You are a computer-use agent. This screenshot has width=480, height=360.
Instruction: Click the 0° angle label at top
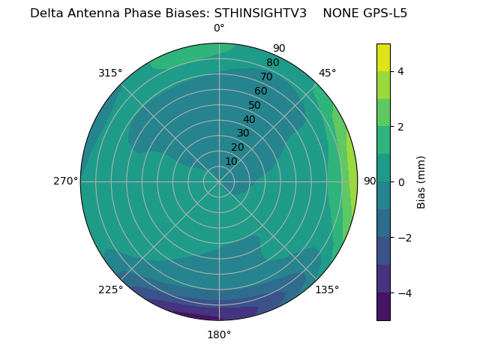[x=219, y=28]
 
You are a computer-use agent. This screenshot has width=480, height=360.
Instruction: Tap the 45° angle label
[x=327, y=73]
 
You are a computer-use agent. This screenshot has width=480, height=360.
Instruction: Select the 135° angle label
[x=327, y=289]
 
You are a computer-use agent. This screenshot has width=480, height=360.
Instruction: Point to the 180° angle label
[x=219, y=334]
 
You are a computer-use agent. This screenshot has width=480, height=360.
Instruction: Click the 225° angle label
[x=110, y=289]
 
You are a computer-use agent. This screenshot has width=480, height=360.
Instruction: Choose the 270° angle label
[x=65, y=181]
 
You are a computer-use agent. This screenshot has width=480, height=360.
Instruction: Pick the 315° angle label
[x=110, y=73]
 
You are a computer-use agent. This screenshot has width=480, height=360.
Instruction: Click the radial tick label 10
[x=231, y=161]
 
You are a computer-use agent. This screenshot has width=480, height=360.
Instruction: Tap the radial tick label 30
[x=243, y=133]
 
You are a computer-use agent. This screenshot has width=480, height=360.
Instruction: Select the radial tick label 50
[x=255, y=106]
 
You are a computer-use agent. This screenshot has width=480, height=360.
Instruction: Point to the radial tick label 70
[x=266, y=77]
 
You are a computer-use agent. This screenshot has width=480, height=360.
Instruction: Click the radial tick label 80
[x=272, y=63]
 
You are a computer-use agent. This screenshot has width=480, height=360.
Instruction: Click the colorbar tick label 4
[x=401, y=71]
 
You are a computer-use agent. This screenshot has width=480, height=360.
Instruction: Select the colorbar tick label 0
[x=401, y=181]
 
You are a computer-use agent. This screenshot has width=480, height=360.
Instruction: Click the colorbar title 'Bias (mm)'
[x=421, y=181]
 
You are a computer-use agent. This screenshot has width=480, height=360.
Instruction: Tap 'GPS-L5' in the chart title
[x=383, y=13]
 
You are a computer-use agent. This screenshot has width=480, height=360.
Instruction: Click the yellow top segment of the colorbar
[x=383, y=57]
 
